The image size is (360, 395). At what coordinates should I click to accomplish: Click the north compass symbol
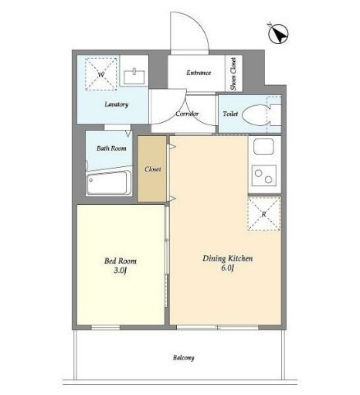coord(278,34)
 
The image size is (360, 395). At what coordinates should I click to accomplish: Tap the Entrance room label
coord(199,73)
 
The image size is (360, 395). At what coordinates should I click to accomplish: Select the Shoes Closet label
coord(233,73)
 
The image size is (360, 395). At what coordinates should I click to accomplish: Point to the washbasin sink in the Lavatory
coord(134,77)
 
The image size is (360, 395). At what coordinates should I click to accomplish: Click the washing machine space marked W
coord(101,74)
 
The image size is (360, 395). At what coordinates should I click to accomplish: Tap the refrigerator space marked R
coord(264,213)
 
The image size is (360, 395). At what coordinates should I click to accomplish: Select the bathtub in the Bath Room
coord(108,182)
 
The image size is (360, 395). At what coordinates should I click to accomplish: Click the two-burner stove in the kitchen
coord(264,176)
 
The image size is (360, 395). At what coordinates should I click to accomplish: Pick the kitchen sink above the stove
coord(263,147)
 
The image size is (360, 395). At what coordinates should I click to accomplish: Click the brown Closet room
coord(152,169)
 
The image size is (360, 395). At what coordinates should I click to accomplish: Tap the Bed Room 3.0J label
coord(121,265)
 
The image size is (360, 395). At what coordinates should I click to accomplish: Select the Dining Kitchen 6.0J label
coord(228,263)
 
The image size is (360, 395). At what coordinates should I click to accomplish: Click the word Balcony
coord(183,358)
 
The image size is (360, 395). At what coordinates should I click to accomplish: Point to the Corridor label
coord(187,114)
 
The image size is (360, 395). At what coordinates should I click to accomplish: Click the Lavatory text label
coord(117,104)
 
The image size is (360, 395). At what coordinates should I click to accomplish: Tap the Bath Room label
coord(111,148)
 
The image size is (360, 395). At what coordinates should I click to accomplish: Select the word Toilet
coord(230,114)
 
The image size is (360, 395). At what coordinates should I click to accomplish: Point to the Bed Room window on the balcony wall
coord(106,328)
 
